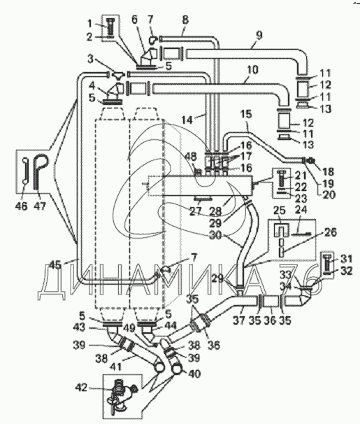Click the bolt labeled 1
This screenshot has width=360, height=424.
point(110,25)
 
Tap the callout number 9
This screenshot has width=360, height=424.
point(259,36)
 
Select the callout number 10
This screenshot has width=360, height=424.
point(252,70)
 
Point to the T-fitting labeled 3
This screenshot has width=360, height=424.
point(118,74)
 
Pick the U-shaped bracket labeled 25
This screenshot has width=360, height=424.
point(281,230)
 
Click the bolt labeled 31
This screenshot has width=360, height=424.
point(327,262)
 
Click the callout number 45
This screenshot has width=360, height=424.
point(55,264)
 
